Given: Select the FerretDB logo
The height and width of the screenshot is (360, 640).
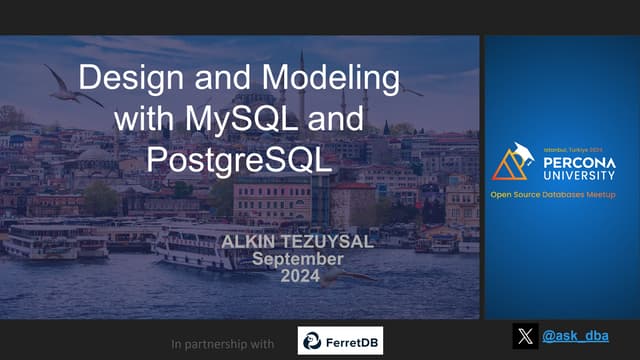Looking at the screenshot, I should [x=340, y=340].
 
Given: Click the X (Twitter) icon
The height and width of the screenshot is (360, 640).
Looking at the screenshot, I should [x=525, y=336].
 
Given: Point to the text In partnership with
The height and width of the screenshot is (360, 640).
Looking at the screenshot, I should [x=223, y=344].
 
